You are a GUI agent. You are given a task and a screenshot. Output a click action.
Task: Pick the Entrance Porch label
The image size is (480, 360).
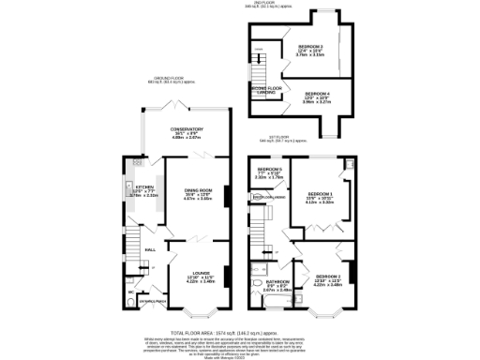click(x=151, y=301)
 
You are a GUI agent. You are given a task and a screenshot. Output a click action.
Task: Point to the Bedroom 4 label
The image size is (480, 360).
click(x=317, y=94)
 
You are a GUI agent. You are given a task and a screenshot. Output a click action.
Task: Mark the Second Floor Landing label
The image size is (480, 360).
click(x=267, y=92)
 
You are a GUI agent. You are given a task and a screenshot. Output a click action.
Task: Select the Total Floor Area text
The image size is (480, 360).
click(x=239, y=331)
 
